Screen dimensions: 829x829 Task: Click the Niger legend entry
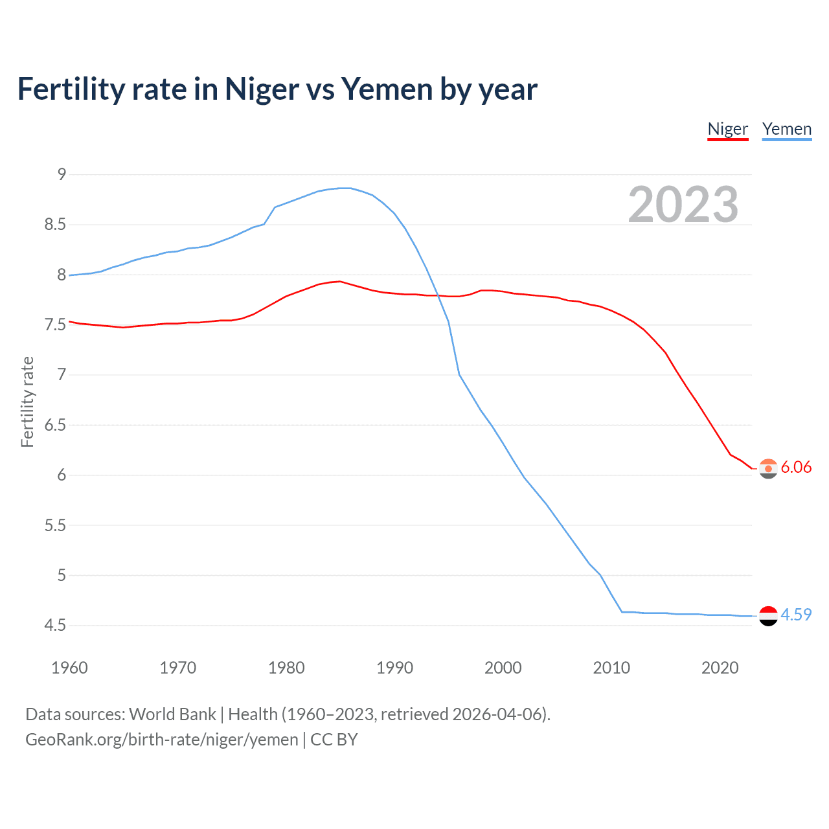tap(727, 129)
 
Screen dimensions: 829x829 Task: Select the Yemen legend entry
tap(786, 129)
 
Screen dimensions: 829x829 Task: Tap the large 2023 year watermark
tap(683, 205)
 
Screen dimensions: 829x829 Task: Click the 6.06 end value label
tap(796, 467)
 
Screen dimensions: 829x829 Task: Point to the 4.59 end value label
tap(796, 615)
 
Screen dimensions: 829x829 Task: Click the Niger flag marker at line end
tap(768, 468)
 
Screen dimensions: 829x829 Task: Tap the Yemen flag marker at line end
tap(768, 616)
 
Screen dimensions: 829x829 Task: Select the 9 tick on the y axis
tap(62, 174)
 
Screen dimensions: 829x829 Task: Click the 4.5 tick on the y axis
tap(56, 625)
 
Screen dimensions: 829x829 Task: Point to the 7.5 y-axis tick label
tap(56, 324)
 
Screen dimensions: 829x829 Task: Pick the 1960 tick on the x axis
tap(69, 668)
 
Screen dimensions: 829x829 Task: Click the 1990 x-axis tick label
tap(394, 668)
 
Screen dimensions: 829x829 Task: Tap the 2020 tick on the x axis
tap(720, 668)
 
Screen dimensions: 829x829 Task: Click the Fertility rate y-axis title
tap(27, 402)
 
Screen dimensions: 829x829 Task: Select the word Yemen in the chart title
tap(386, 89)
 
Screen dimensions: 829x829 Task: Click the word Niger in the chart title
tap(262, 89)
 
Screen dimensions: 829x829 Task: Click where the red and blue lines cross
tap(439, 295)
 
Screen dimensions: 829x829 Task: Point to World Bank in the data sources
tap(172, 714)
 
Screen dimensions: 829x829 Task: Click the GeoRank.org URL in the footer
tap(162, 740)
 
